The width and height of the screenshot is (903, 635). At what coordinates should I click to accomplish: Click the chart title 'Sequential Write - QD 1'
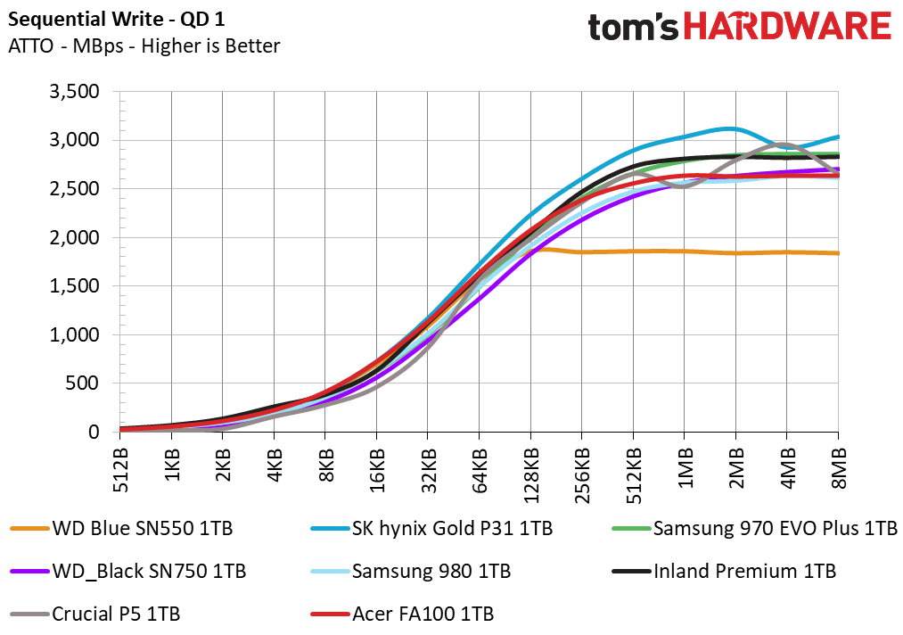pyautogui.click(x=117, y=20)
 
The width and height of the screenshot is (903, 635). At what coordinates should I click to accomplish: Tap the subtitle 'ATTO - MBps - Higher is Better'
pyautogui.click(x=144, y=46)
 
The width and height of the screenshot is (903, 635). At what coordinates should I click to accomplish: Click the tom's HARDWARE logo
pyautogui.click(x=740, y=27)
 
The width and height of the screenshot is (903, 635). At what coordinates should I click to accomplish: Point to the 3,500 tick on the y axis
pyautogui.click(x=74, y=92)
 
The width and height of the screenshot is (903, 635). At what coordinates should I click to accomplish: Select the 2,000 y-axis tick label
pyautogui.click(x=74, y=237)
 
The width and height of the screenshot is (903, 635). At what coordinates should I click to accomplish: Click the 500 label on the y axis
pyautogui.click(x=82, y=383)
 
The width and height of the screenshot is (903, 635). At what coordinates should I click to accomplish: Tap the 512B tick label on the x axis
pyautogui.click(x=120, y=470)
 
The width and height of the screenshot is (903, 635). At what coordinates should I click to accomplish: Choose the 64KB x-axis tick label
pyautogui.click(x=480, y=470)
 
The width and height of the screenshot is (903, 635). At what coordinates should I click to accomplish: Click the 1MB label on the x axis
pyautogui.click(x=685, y=468)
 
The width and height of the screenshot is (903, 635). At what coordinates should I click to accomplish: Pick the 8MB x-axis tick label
pyautogui.click(x=839, y=468)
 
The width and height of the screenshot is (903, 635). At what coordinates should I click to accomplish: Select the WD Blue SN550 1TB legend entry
pyautogui.click(x=121, y=528)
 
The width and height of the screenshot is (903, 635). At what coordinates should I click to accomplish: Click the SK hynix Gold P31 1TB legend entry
pyautogui.click(x=431, y=528)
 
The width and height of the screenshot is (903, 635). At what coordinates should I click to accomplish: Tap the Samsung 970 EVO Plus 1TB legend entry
pyautogui.click(x=754, y=528)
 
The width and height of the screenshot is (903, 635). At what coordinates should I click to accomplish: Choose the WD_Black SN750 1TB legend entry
pyautogui.click(x=127, y=571)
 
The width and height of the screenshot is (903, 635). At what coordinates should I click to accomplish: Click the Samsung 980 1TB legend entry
pyautogui.click(x=411, y=571)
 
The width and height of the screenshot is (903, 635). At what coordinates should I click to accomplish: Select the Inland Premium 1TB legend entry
pyautogui.click(x=724, y=571)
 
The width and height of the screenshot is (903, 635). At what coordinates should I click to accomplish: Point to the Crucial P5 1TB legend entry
pyautogui.click(x=95, y=614)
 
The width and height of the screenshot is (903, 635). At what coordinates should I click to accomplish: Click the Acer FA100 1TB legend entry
pyautogui.click(x=402, y=614)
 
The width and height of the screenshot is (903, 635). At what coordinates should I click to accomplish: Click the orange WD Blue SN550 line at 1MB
pyautogui.click(x=685, y=252)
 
